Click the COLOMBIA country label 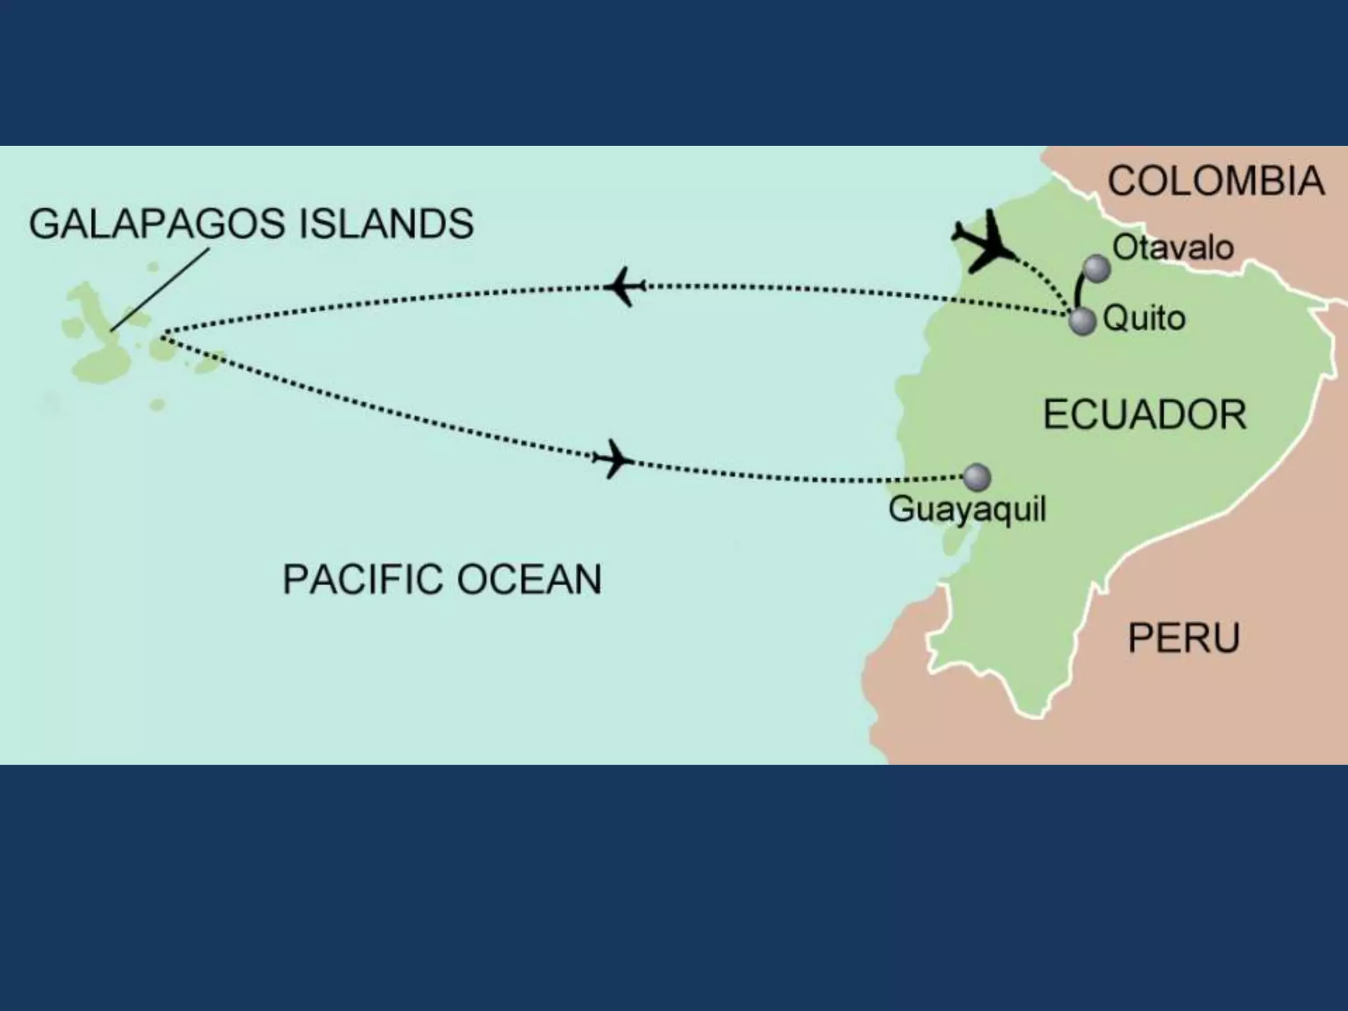click(1216, 181)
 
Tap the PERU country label click(1183, 638)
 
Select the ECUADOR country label click(1145, 415)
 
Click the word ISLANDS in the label click(386, 224)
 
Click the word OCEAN click(529, 579)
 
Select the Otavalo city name click(1173, 248)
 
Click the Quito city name click(1144, 319)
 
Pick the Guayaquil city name click(967, 509)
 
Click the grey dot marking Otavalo click(1097, 268)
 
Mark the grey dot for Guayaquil click(977, 477)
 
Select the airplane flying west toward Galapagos click(625, 286)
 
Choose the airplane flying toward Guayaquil click(613, 459)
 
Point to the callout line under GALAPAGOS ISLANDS click(160, 290)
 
